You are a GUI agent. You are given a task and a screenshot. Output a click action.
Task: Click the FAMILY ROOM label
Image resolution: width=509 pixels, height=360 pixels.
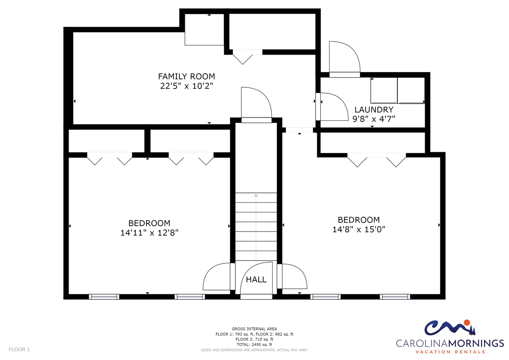(186, 76)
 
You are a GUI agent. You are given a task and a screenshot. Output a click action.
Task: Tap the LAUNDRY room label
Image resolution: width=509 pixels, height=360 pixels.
(374, 110)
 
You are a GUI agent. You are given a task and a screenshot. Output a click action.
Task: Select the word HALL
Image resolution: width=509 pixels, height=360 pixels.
(256, 279)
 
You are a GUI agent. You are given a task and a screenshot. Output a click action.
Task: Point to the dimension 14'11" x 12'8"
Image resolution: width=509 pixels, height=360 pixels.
(149, 233)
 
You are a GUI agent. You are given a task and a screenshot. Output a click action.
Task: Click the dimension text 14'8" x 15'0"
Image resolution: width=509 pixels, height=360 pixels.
(359, 229)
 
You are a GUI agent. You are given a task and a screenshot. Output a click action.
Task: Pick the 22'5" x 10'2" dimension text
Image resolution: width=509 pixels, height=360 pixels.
(187, 86)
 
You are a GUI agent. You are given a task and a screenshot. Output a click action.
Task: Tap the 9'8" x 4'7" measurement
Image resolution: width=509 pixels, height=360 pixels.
(374, 119)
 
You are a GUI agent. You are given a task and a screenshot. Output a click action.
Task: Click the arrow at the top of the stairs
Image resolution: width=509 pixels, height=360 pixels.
(256, 195)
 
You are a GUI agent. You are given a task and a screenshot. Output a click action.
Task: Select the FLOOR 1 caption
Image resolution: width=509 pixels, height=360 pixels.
(20, 349)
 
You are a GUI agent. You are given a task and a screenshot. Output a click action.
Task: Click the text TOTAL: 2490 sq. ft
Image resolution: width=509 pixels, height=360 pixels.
(254, 345)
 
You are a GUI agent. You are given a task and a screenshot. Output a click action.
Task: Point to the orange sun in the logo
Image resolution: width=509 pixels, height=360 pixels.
(467, 323)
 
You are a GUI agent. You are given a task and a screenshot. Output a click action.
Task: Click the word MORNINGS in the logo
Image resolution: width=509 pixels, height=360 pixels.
(475, 343)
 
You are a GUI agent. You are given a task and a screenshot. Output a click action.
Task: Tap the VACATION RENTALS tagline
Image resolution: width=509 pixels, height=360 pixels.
(450, 352)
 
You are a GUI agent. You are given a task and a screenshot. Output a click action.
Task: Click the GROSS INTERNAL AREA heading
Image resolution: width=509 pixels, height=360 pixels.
(254, 329)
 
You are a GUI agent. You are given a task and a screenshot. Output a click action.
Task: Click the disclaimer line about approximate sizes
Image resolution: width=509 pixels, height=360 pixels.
(254, 350)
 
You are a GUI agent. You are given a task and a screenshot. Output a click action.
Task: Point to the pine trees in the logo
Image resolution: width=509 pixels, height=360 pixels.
(473, 330)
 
